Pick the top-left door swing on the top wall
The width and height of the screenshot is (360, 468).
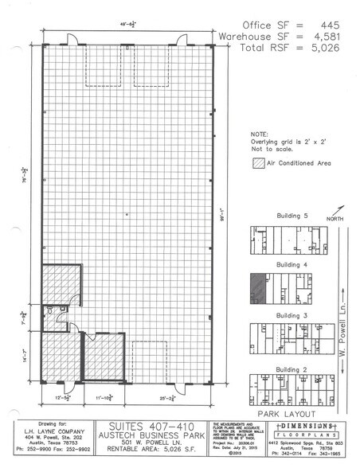(x=72, y=38)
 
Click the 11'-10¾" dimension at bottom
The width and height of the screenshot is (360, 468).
(x=103, y=396)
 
